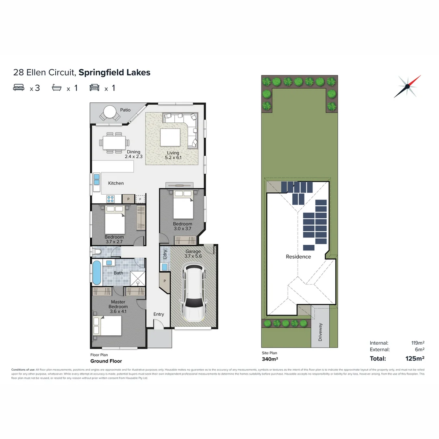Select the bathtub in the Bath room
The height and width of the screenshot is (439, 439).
[96, 273]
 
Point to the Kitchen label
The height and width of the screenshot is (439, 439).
[116, 183]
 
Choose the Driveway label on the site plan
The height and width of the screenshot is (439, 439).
[320, 332]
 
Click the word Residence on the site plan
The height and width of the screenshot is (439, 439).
[298, 256]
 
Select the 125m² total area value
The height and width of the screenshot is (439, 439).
[415, 358]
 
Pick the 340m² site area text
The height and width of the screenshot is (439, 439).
[269, 359]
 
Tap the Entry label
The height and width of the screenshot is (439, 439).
[159, 314]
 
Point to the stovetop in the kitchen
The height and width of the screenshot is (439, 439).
[111, 199]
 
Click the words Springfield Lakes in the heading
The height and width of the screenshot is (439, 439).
[115, 73]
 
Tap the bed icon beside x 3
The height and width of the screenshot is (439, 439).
[19, 87]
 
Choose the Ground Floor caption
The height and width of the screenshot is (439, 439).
[106, 361]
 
